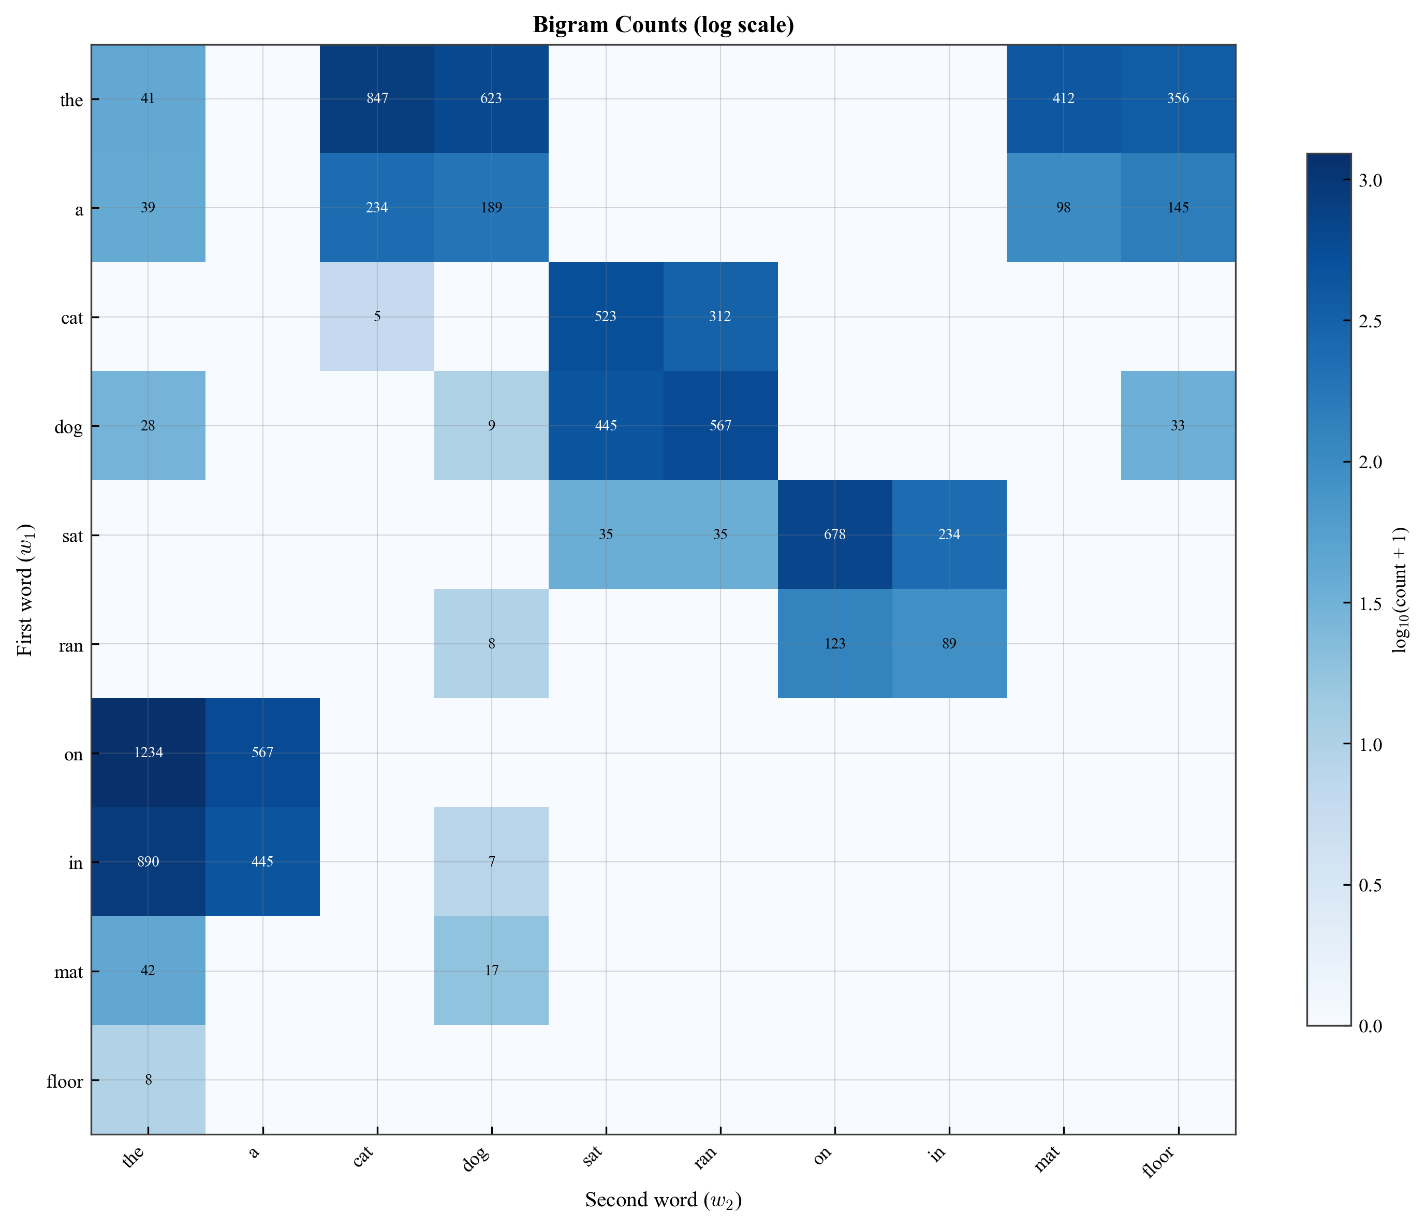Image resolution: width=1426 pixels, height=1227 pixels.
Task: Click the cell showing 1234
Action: pyautogui.click(x=148, y=753)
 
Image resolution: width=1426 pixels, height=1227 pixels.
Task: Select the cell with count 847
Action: pyautogui.click(x=377, y=98)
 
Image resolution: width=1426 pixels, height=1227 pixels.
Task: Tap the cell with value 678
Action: pyautogui.click(x=835, y=535)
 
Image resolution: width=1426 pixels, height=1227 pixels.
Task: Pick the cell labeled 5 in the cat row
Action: pyautogui.click(x=377, y=317)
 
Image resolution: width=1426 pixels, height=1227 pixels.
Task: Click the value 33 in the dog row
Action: pyautogui.click(x=1178, y=426)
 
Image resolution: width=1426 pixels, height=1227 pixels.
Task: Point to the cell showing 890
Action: pyautogui.click(x=148, y=861)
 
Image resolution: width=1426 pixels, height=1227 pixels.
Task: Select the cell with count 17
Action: pyautogui.click(x=491, y=971)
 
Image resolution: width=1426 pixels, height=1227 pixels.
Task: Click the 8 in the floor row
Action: pyautogui.click(x=148, y=1080)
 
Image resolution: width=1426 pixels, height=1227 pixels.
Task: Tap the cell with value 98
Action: pyautogui.click(x=1063, y=207)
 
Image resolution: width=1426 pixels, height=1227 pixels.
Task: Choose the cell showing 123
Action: pyautogui.click(x=835, y=644)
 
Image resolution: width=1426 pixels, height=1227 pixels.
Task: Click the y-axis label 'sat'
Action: pyautogui.click(x=71, y=535)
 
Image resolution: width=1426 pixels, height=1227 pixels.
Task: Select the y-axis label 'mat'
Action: pyautogui.click(x=69, y=972)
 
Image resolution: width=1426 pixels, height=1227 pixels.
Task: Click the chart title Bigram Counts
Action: pyautogui.click(x=664, y=25)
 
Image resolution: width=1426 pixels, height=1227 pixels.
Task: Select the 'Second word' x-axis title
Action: pyautogui.click(x=664, y=1200)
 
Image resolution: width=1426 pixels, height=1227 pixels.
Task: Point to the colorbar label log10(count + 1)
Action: pyautogui.click(x=1401, y=589)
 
